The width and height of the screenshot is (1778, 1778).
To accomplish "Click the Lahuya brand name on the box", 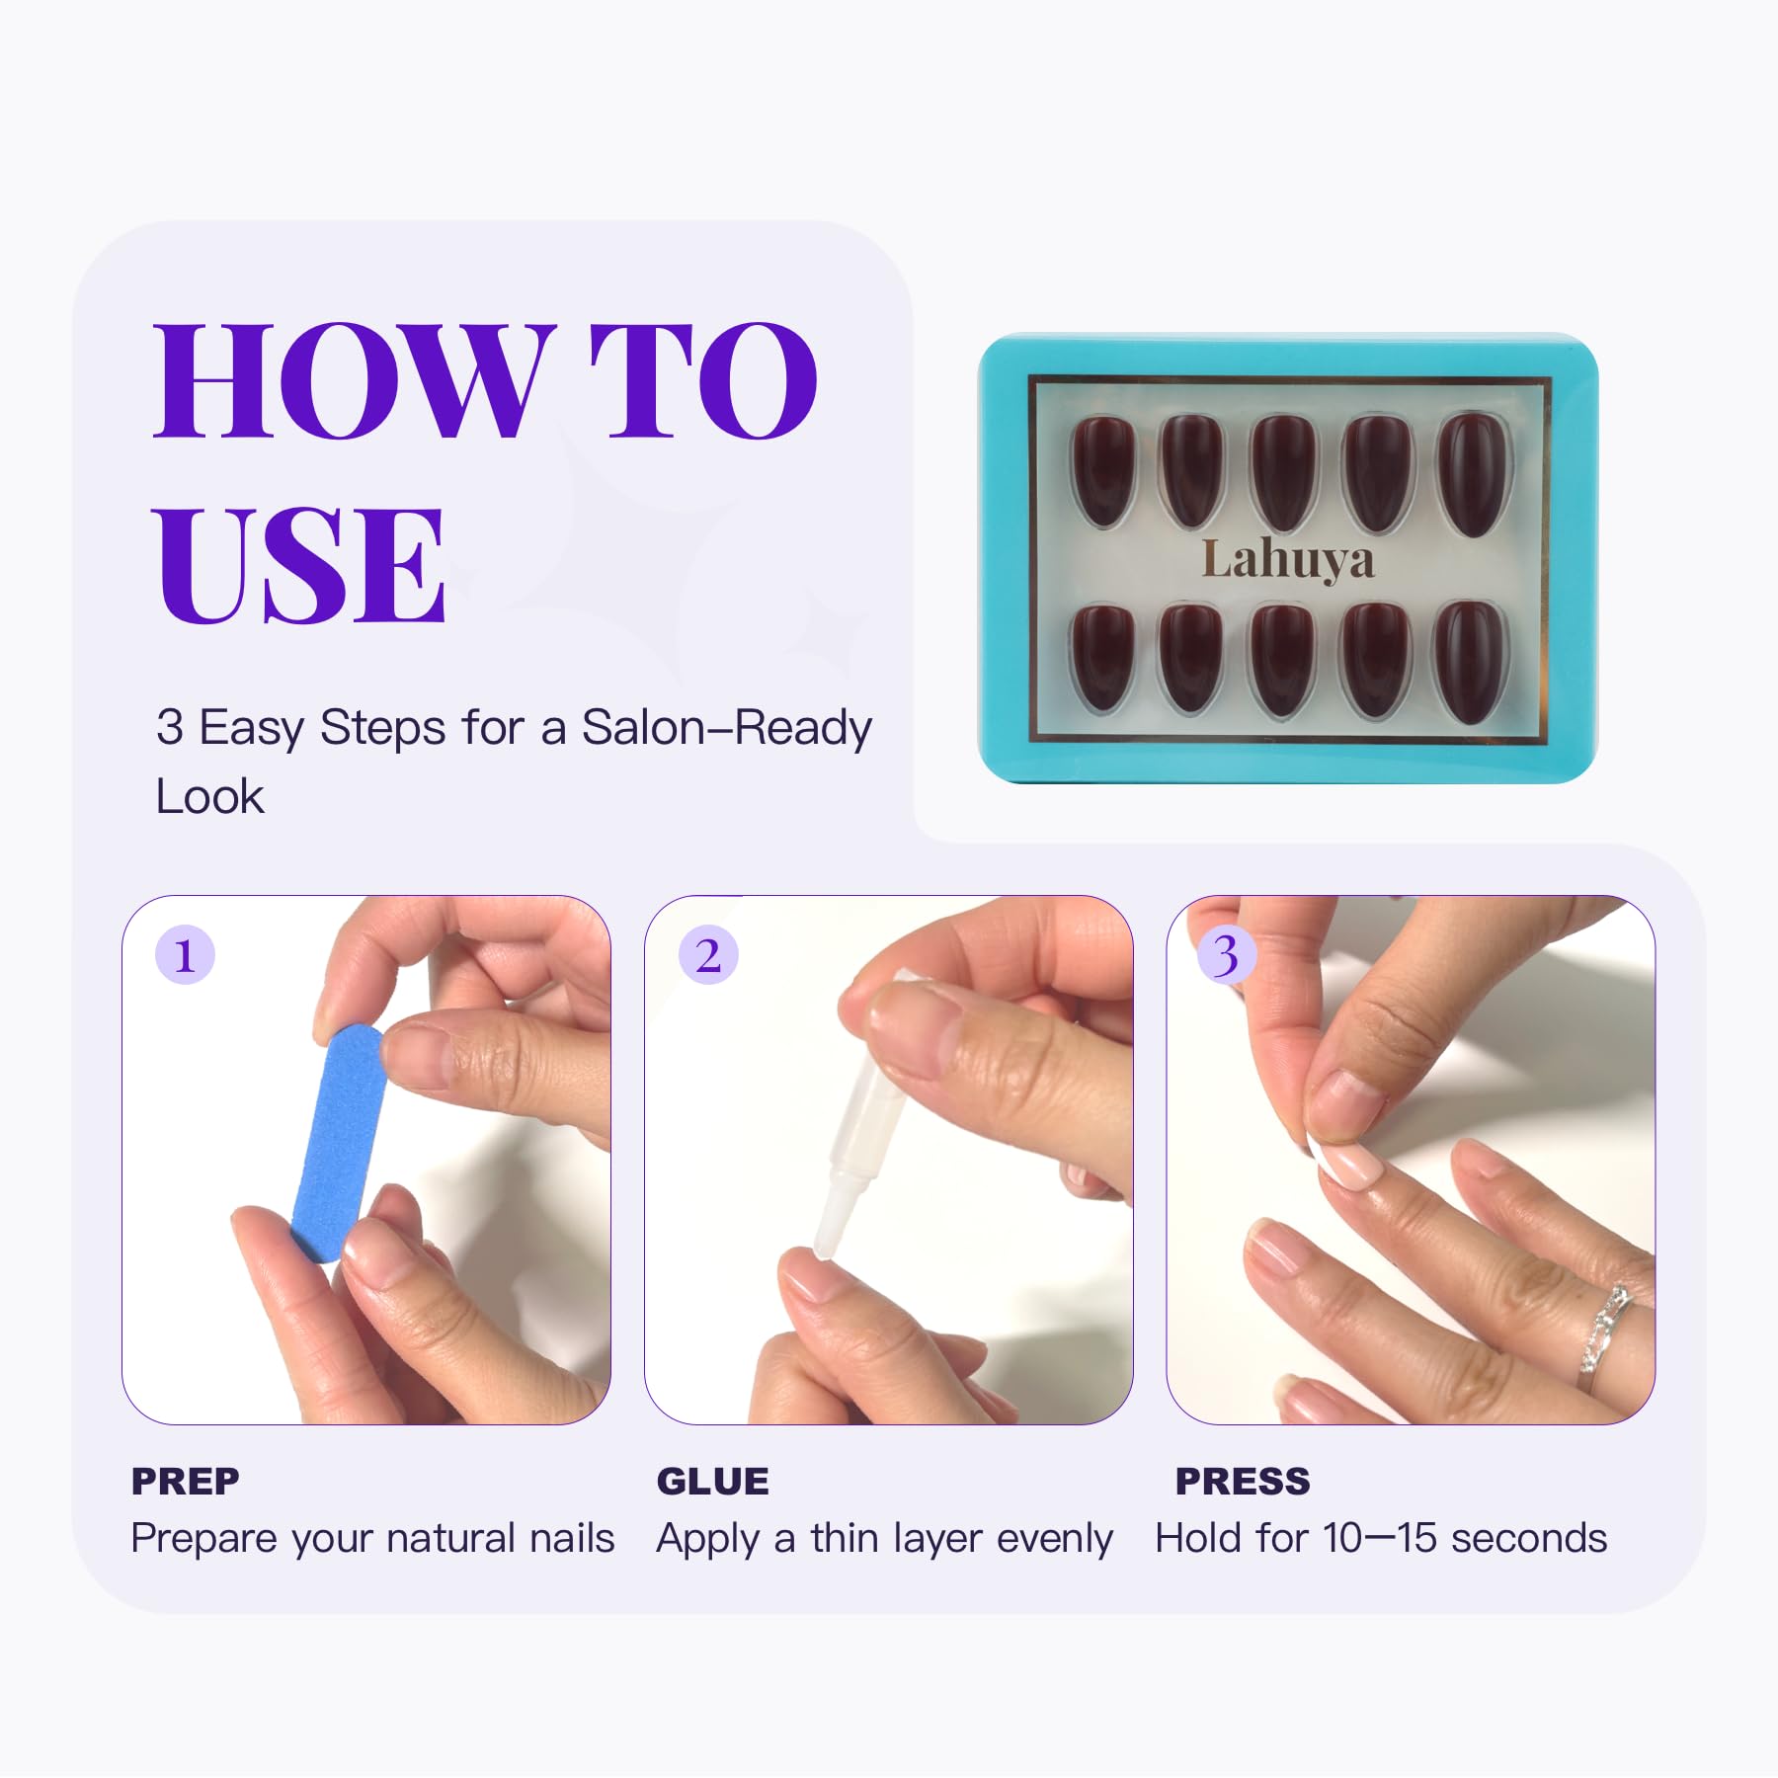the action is pyautogui.click(x=1287, y=560).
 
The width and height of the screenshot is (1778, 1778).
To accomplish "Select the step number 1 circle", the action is pyautogui.click(x=185, y=955).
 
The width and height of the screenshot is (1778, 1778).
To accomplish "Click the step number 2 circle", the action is pyautogui.click(x=708, y=955).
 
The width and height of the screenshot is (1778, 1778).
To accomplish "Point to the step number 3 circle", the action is pyautogui.click(x=1226, y=955).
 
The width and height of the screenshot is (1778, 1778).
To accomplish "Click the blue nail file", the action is pyautogui.click(x=339, y=1143).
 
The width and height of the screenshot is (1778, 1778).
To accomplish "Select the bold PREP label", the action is pyautogui.click(x=186, y=1482).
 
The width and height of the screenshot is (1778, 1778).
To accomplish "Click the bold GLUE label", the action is pyautogui.click(x=712, y=1482).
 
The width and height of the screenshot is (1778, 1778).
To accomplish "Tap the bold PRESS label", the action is pyautogui.click(x=1243, y=1482).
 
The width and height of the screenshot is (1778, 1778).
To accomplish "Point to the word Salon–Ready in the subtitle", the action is pyautogui.click(x=727, y=728).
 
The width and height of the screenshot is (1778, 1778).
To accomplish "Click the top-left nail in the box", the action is pyautogui.click(x=1102, y=471).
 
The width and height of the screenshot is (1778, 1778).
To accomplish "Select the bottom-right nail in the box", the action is pyautogui.click(x=1471, y=661).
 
